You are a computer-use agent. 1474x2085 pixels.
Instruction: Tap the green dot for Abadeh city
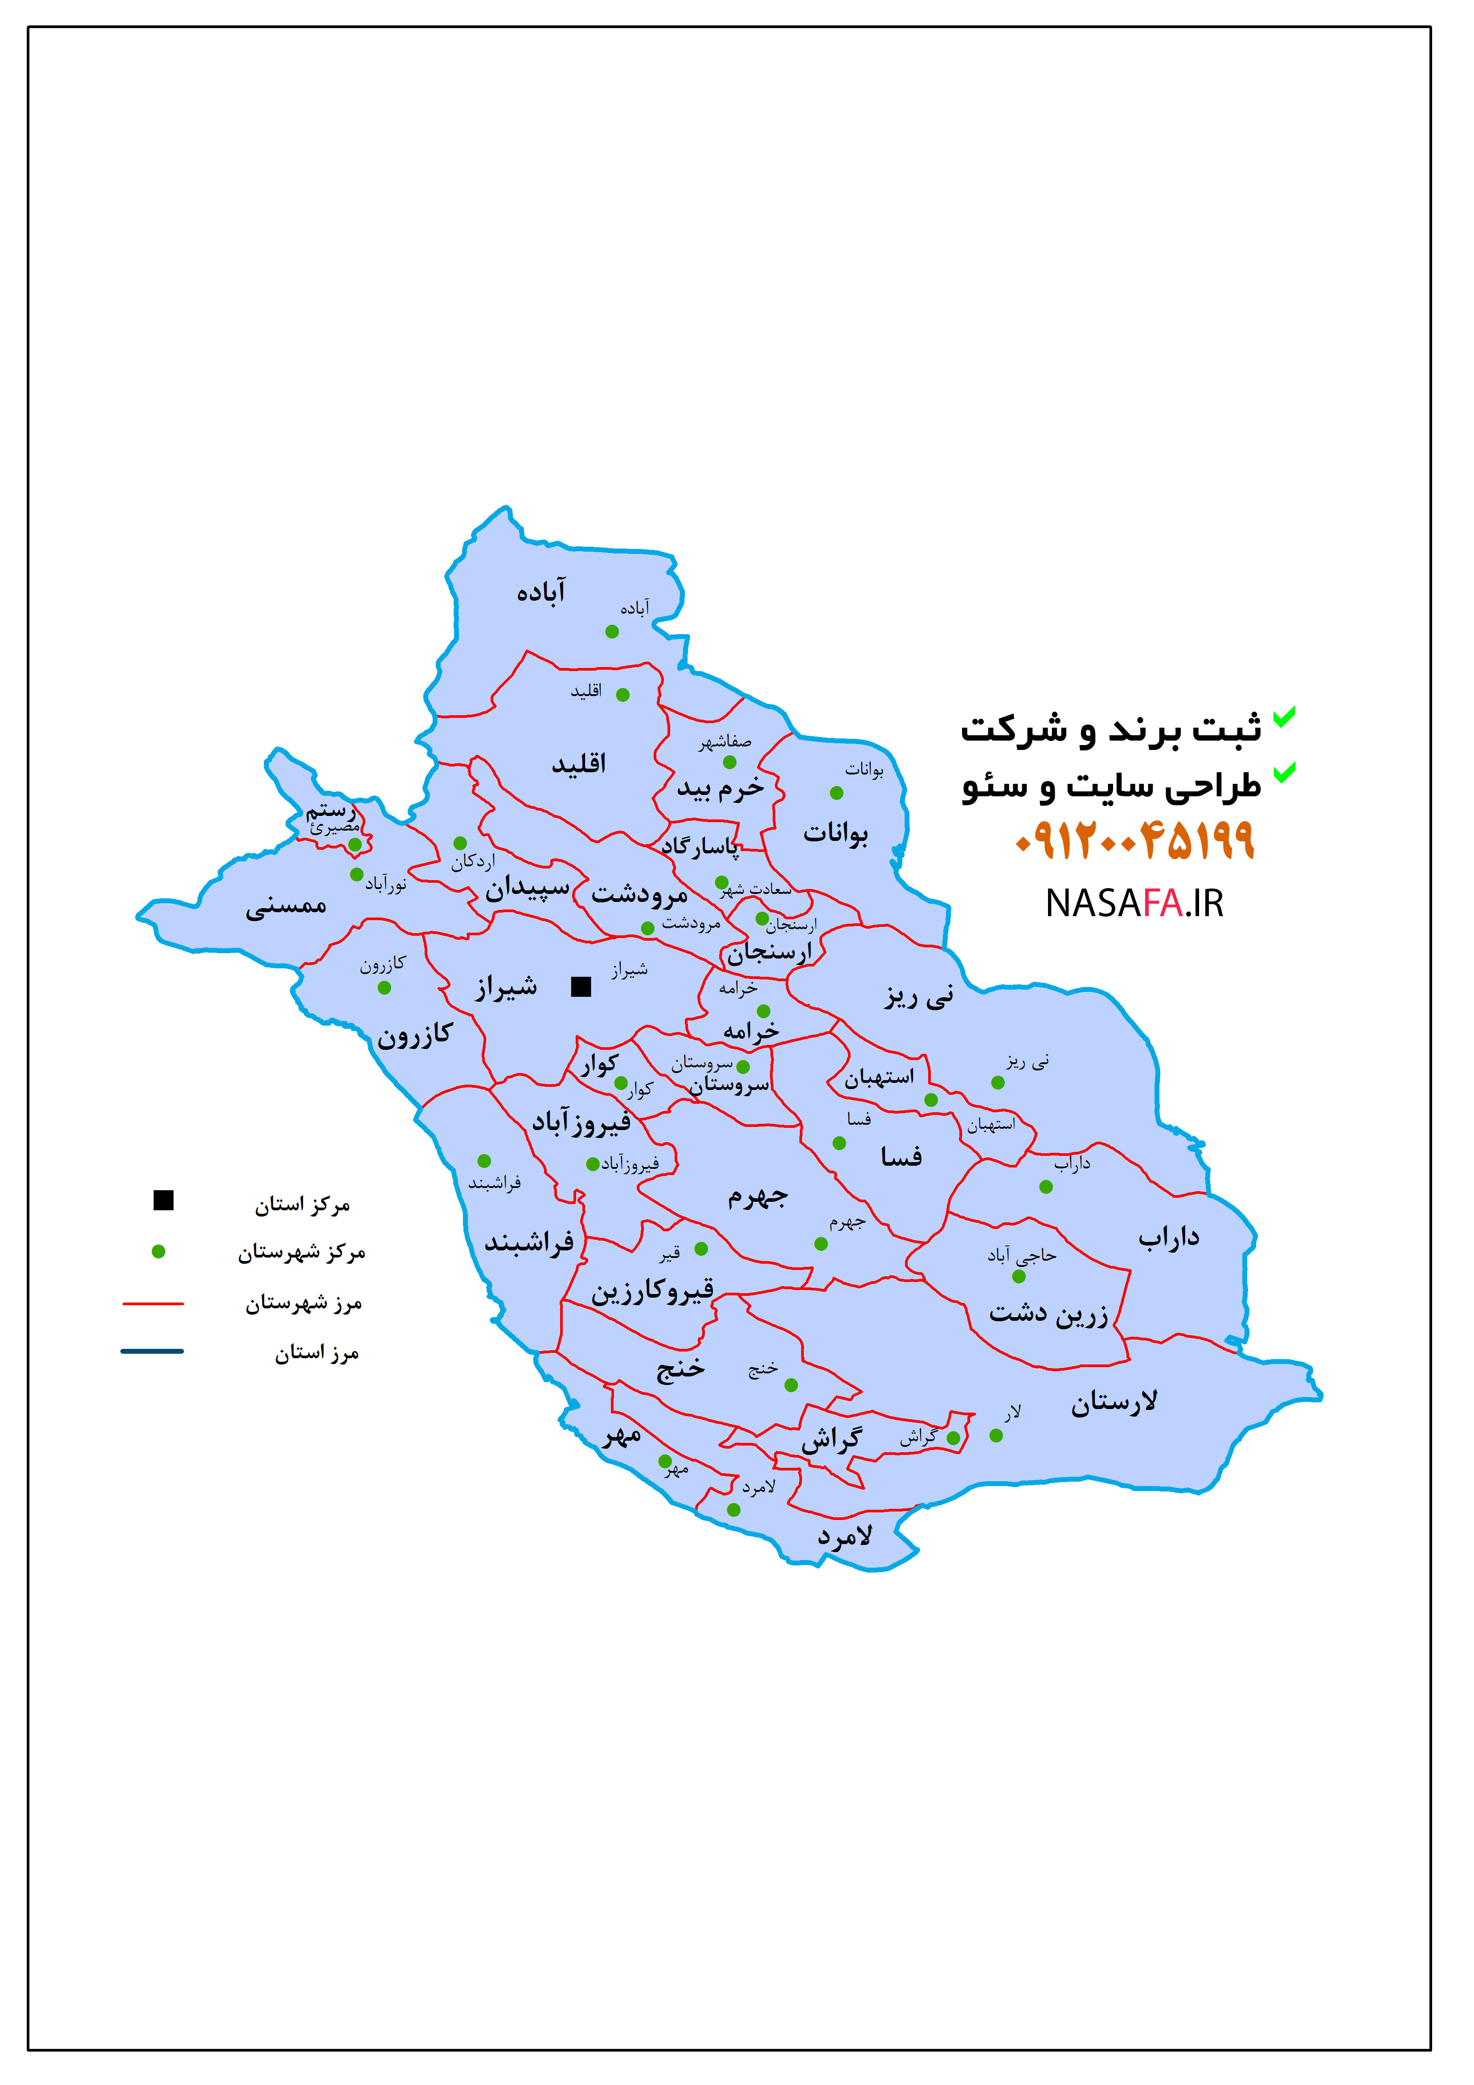pyautogui.click(x=612, y=632)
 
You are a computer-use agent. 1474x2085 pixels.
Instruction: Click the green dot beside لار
pyautogui.click(x=996, y=1436)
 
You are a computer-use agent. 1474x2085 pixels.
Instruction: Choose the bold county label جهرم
pyautogui.click(x=757, y=1197)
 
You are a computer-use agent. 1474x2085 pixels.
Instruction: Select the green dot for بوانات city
pyautogui.click(x=836, y=793)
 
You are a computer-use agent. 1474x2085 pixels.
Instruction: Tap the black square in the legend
pyautogui.click(x=164, y=1200)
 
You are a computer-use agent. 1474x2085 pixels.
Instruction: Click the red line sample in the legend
pyautogui.click(x=152, y=1303)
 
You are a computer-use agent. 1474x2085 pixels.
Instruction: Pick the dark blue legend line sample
pyautogui.click(x=152, y=1351)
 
